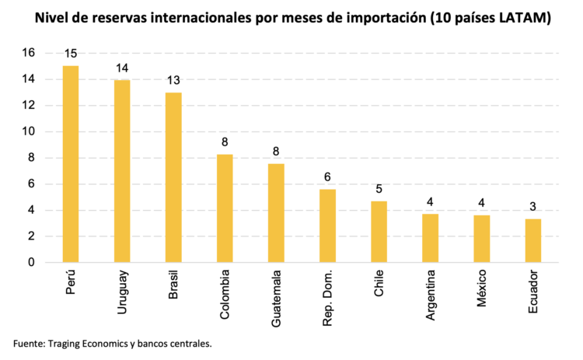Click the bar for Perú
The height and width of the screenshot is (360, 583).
[x=70, y=164]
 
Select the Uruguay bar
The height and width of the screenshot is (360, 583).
[x=122, y=171]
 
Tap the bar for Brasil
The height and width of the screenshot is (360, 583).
[x=173, y=177]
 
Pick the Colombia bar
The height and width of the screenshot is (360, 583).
[x=225, y=208]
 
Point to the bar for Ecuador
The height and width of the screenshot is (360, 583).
[x=533, y=241]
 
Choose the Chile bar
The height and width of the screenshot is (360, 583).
[x=379, y=232]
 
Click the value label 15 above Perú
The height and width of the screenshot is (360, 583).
[x=70, y=54]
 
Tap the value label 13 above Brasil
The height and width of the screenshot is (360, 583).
[x=173, y=81]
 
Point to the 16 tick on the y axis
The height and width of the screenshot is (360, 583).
[x=29, y=53]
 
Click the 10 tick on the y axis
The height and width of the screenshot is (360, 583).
[x=29, y=131]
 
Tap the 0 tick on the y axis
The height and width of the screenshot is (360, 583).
[x=32, y=262]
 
